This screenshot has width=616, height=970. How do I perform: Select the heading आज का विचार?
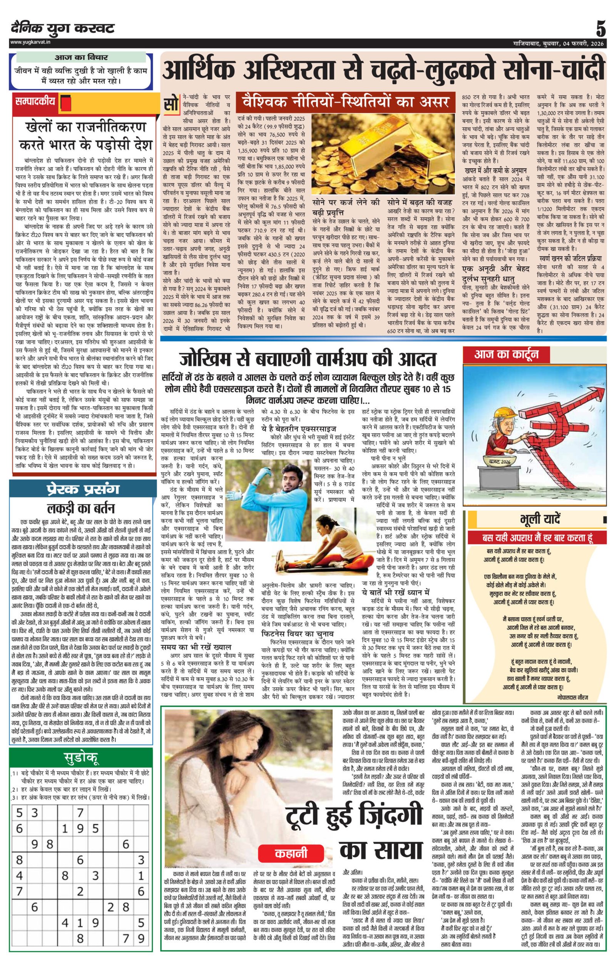[81, 57]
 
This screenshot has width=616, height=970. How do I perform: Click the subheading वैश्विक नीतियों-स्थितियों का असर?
[345, 103]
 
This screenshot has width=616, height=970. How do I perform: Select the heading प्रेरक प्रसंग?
[82, 490]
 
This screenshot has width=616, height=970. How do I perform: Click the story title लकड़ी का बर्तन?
[81, 508]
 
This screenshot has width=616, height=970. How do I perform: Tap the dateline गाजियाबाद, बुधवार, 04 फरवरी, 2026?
[558, 43]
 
